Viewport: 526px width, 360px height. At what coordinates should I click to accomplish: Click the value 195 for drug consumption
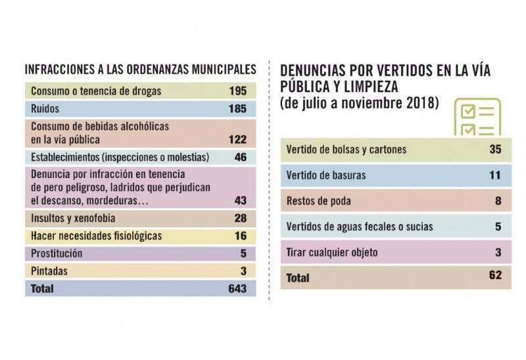(237, 91)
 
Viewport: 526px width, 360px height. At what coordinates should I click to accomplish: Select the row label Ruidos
(45, 108)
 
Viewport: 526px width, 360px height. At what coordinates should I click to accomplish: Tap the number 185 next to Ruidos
(237, 108)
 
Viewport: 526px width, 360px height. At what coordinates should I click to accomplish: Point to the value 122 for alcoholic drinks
(237, 139)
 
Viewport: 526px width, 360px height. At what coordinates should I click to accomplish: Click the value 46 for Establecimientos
(241, 157)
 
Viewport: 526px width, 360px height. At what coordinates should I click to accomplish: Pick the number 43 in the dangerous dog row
(241, 200)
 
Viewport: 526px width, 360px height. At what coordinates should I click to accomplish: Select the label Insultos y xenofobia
(74, 217)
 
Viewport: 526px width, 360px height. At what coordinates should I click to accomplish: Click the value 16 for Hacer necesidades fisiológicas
(241, 235)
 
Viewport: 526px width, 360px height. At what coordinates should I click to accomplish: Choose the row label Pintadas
(49, 270)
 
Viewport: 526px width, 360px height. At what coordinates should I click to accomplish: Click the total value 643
(237, 288)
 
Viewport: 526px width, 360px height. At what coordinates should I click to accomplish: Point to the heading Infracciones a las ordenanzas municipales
(140, 68)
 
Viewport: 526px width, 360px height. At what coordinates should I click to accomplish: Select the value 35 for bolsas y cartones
(495, 149)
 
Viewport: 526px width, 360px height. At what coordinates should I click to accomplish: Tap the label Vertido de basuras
(326, 175)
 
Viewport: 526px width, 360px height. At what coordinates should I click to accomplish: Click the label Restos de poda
(319, 201)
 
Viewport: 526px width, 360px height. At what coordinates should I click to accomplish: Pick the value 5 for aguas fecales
(498, 227)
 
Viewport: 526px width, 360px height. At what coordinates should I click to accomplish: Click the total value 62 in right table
(495, 277)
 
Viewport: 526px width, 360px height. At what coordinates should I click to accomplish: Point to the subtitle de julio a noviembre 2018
(359, 103)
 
